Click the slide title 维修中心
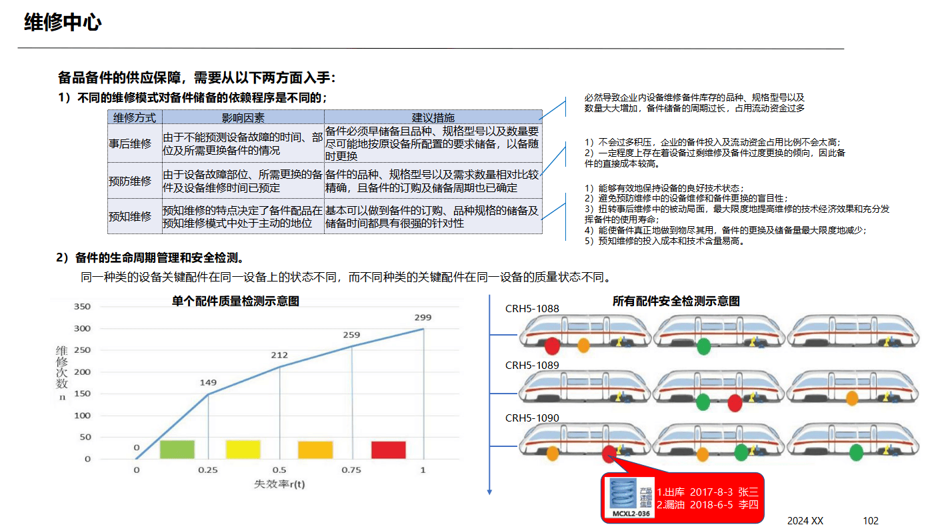coord(63,23)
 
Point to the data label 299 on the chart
coord(423,317)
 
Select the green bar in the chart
coord(177,450)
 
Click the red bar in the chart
coord(389,450)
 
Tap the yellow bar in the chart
coord(243,450)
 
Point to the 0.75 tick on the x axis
coord(351,470)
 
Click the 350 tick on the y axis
coord(82,307)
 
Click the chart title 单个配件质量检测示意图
coord(235,301)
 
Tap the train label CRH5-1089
coord(532,366)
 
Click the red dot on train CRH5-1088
coord(552,346)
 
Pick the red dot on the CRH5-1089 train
coord(735,403)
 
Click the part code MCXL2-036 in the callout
coord(630,514)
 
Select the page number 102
coord(871,520)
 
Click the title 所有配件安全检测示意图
coord(676,302)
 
